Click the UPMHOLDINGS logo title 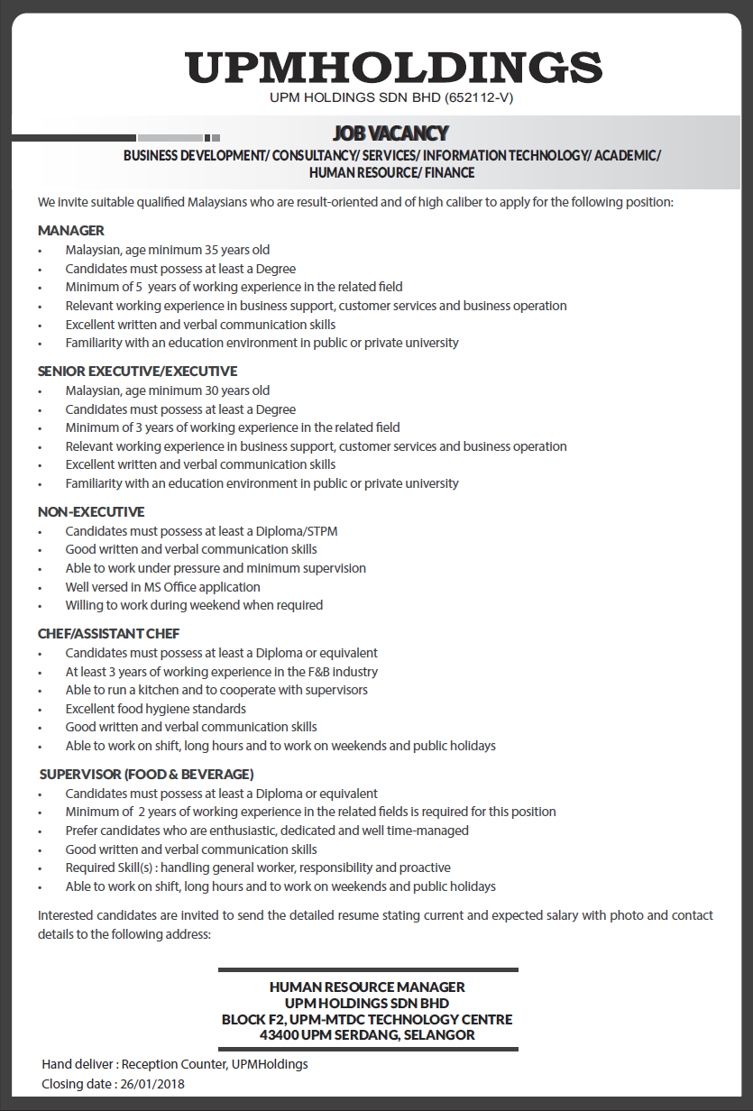click(393, 69)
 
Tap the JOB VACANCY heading click(390, 133)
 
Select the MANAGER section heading click(71, 230)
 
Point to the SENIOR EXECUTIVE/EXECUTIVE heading click(137, 371)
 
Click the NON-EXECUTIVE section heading click(91, 511)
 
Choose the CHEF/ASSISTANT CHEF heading click(109, 633)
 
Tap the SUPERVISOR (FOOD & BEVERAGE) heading click(146, 774)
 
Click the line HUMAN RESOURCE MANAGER click(367, 987)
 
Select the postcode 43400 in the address click(279, 1035)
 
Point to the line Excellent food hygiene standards click(155, 709)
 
